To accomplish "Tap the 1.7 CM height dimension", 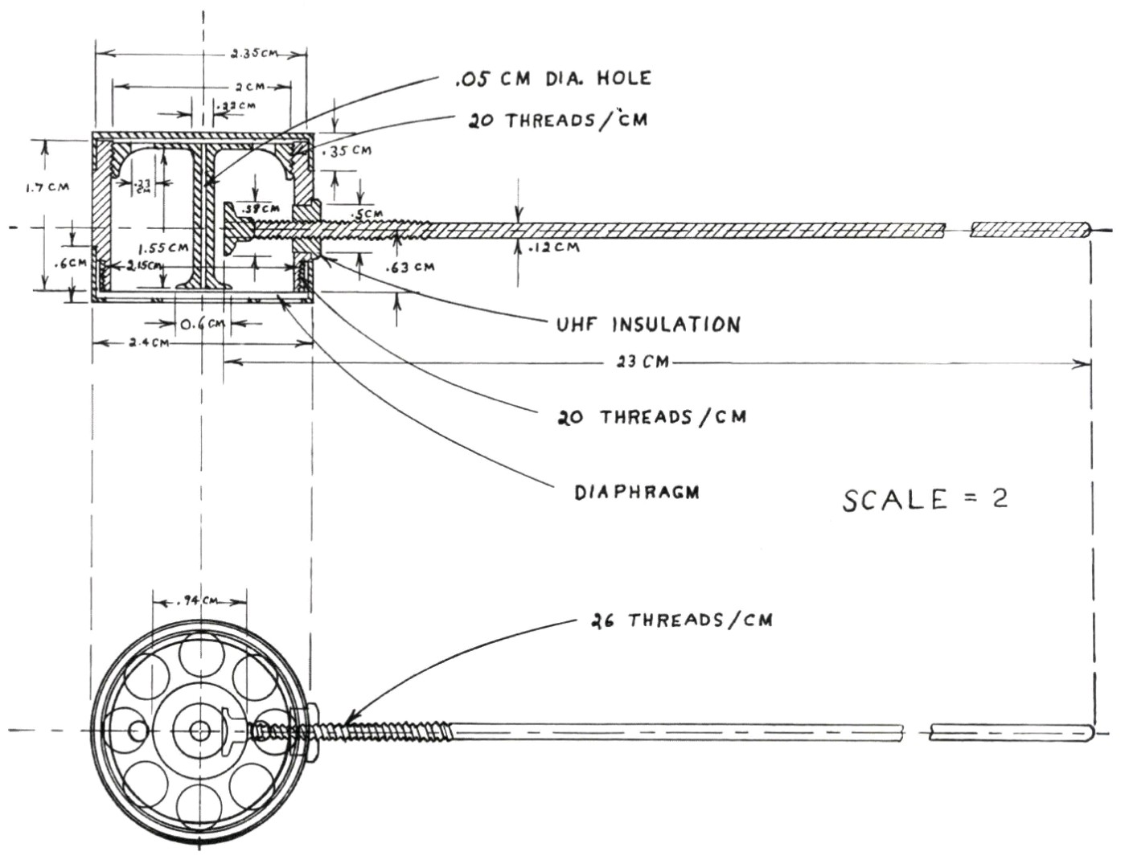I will pyautogui.click(x=47, y=187).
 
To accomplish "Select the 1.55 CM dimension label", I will pyautogui.click(x=163, y=248).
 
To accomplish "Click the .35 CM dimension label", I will pyautogui.click(x=347, y=151).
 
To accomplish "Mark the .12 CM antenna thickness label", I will pyautogui.click(x=555, y=248).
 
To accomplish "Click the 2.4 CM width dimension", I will pyautogui.click(x=149, y=344).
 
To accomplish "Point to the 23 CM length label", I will pyautogui.click(x=643, y=362).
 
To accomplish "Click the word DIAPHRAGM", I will pyautogui.click(x=637, y=492).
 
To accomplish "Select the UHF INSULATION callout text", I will pyautogui.click(x=648, y=325).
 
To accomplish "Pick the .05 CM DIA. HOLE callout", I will pyautogui.click(x=553, y=78).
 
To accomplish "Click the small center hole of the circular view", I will pyautogui.click(x=199, y=731).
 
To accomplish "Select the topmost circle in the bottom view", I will pyautogui.click(x=199, y=653).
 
